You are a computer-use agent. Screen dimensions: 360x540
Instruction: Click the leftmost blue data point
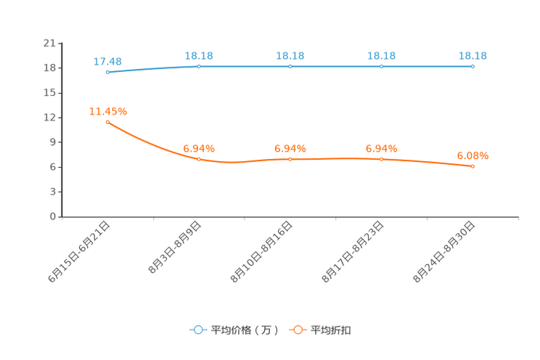107,72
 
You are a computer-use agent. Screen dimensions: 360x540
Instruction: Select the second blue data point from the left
199,66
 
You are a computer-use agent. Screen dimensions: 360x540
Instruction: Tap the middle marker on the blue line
290,66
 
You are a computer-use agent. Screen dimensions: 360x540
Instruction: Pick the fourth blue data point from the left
381,66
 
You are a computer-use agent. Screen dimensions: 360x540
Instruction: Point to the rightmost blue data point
472,66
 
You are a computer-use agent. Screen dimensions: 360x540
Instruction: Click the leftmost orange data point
107,122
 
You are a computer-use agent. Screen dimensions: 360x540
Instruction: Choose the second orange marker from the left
199,159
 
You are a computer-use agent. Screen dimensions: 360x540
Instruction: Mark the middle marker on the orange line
290,158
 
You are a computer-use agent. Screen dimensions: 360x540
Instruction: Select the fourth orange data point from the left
381,158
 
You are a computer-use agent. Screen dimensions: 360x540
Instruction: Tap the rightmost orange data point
472,166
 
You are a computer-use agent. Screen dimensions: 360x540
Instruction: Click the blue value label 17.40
107,61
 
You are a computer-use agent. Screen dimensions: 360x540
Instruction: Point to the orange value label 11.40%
107,111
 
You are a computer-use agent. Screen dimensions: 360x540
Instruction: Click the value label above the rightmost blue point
472,55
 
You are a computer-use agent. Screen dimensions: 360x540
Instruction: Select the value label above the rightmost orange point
472,155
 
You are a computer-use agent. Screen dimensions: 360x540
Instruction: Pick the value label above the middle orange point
290,148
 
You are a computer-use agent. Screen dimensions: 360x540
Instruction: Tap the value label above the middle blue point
290,55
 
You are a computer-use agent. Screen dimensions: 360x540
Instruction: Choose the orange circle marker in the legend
298,330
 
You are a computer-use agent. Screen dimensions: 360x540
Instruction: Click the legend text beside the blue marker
244,330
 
